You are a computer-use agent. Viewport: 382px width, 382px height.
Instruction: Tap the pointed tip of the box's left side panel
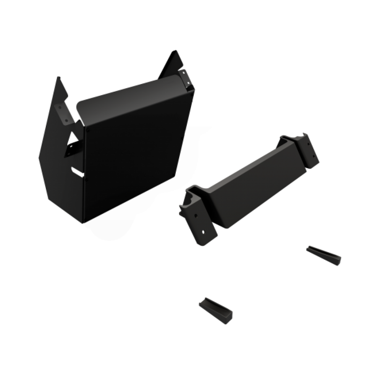point(58,79)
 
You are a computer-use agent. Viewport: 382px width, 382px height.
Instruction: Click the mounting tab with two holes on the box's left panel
point(63,112)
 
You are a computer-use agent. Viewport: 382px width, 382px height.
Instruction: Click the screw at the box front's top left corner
point(88,130)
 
